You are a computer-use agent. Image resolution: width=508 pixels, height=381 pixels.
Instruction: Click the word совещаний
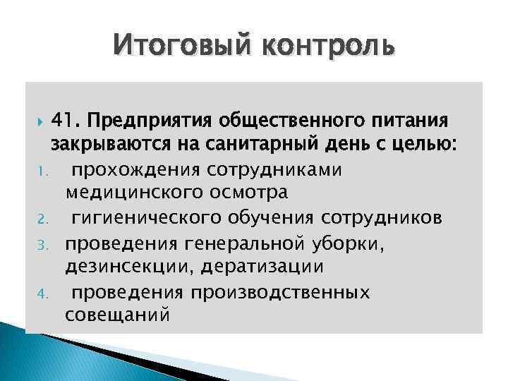coord(117,315)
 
